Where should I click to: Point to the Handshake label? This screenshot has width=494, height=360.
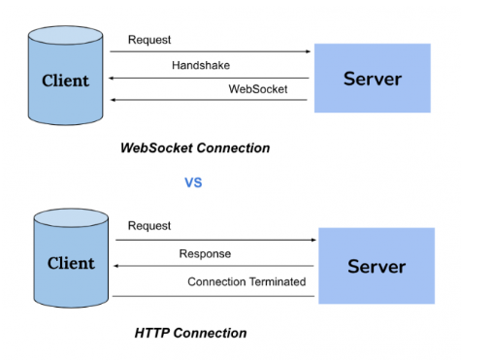coord(201,65)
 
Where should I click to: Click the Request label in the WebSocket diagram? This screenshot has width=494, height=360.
coord(148,41)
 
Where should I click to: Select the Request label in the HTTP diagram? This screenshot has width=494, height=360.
coord(148,225)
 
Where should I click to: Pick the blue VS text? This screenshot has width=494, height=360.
coord(193,181)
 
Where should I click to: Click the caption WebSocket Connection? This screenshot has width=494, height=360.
coord(194,148)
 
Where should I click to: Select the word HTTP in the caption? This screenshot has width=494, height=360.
coord(153,333)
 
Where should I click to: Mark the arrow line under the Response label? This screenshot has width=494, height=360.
coord(214,266)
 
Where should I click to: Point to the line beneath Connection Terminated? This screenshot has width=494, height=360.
coord(214,295)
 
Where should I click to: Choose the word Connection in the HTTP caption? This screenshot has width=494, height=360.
coord(211,333)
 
